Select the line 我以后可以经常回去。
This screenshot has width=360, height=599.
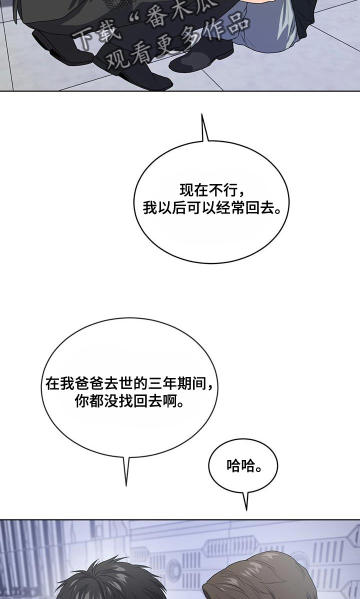point(211,208)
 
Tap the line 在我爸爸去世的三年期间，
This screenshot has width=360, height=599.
point(129,383)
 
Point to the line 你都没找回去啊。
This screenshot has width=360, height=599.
point(129,401)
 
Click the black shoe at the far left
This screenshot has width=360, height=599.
point(61,48)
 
